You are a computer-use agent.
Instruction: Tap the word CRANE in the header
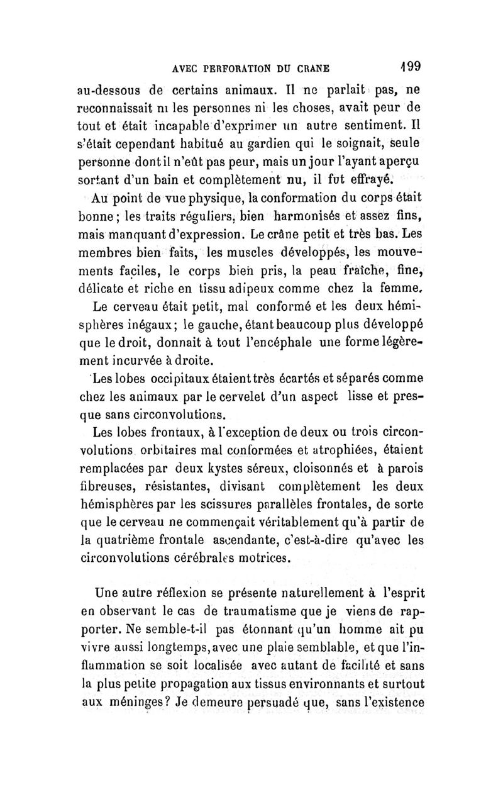coord(314,68)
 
